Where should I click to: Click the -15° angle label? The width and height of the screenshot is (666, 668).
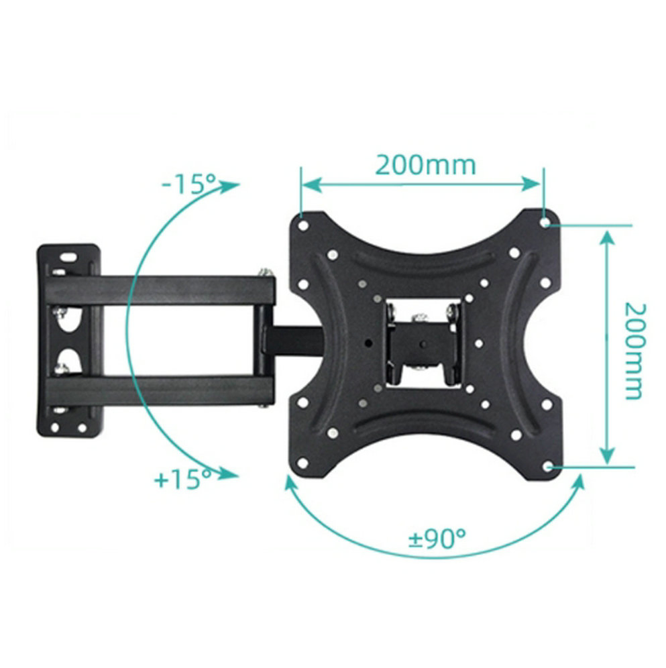pos(190,182)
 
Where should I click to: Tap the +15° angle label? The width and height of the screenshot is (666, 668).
pos(182,480)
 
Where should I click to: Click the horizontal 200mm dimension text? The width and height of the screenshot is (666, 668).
pos(425,164)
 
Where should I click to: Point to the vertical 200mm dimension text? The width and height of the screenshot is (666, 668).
pos(634,350)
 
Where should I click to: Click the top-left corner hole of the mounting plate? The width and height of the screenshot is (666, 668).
pos(303,225)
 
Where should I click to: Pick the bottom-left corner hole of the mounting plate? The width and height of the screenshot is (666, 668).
pos(303,462)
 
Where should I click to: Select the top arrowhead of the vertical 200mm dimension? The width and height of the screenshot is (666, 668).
pos(608,236)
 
